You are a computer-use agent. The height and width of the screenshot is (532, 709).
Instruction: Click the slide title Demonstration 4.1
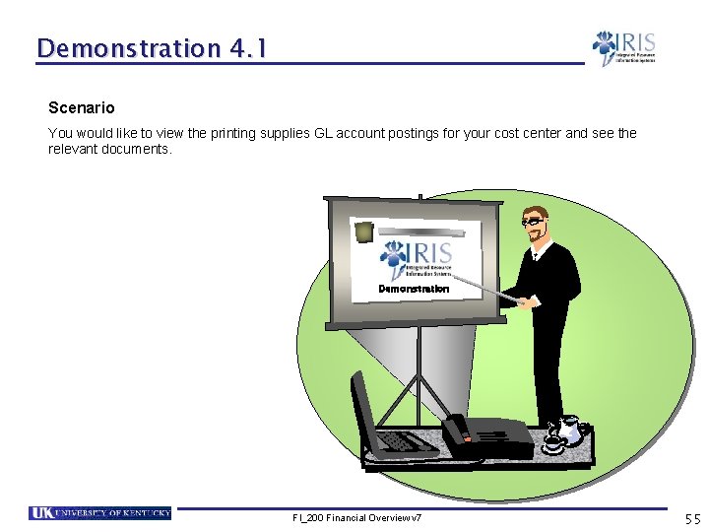point(151,47)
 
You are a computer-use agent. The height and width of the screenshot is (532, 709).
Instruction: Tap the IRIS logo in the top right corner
point(623,47)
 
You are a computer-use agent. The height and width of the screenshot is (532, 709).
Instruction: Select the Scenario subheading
point(81,107)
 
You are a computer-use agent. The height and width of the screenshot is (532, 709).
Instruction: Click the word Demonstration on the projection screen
point(414,289)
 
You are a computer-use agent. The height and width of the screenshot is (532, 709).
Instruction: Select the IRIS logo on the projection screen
point(417,259)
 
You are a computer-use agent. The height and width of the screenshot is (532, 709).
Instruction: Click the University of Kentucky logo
point(99,513)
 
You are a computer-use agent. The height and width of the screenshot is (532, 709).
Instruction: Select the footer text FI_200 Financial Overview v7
point(356,518)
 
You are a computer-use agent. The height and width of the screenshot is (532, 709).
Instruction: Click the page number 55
point(692,518)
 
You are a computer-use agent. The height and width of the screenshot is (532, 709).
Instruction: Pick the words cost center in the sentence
point(546,133)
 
